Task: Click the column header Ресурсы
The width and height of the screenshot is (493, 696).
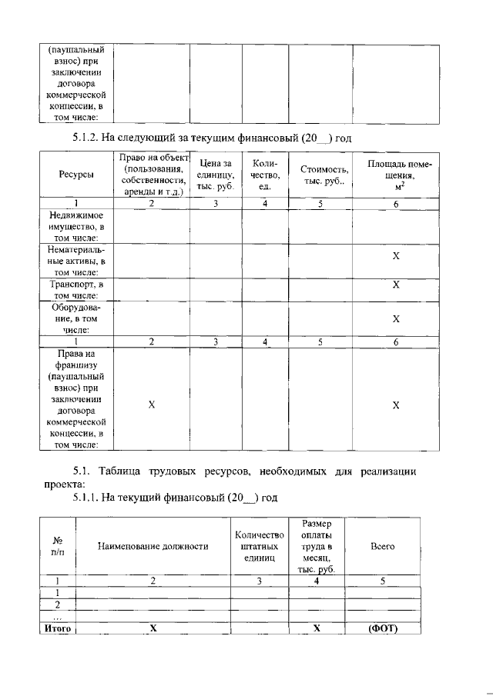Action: point(76,175)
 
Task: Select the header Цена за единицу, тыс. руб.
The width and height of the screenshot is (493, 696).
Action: point(216,175)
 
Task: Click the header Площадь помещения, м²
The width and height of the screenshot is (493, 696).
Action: point(395,175)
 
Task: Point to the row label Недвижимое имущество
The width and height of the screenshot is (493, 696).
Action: point(76,227)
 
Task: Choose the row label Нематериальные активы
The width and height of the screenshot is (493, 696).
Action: point(76,261)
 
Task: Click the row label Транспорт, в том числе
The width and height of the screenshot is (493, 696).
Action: point(76,289)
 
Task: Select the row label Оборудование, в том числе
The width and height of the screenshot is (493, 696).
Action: point(76,318)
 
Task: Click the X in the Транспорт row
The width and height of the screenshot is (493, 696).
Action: point(396,285)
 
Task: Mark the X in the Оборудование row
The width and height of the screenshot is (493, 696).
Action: point(396,318)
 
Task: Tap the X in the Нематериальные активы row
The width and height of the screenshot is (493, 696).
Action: point(396,255)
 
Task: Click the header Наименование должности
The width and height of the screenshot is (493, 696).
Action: point(153,546)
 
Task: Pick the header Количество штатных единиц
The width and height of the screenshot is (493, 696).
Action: point(260,546)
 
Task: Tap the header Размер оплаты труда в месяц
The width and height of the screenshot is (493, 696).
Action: point(317,546)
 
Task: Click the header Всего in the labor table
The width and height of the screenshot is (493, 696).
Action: point(383,546)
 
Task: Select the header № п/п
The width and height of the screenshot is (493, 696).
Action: point(56,546)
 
